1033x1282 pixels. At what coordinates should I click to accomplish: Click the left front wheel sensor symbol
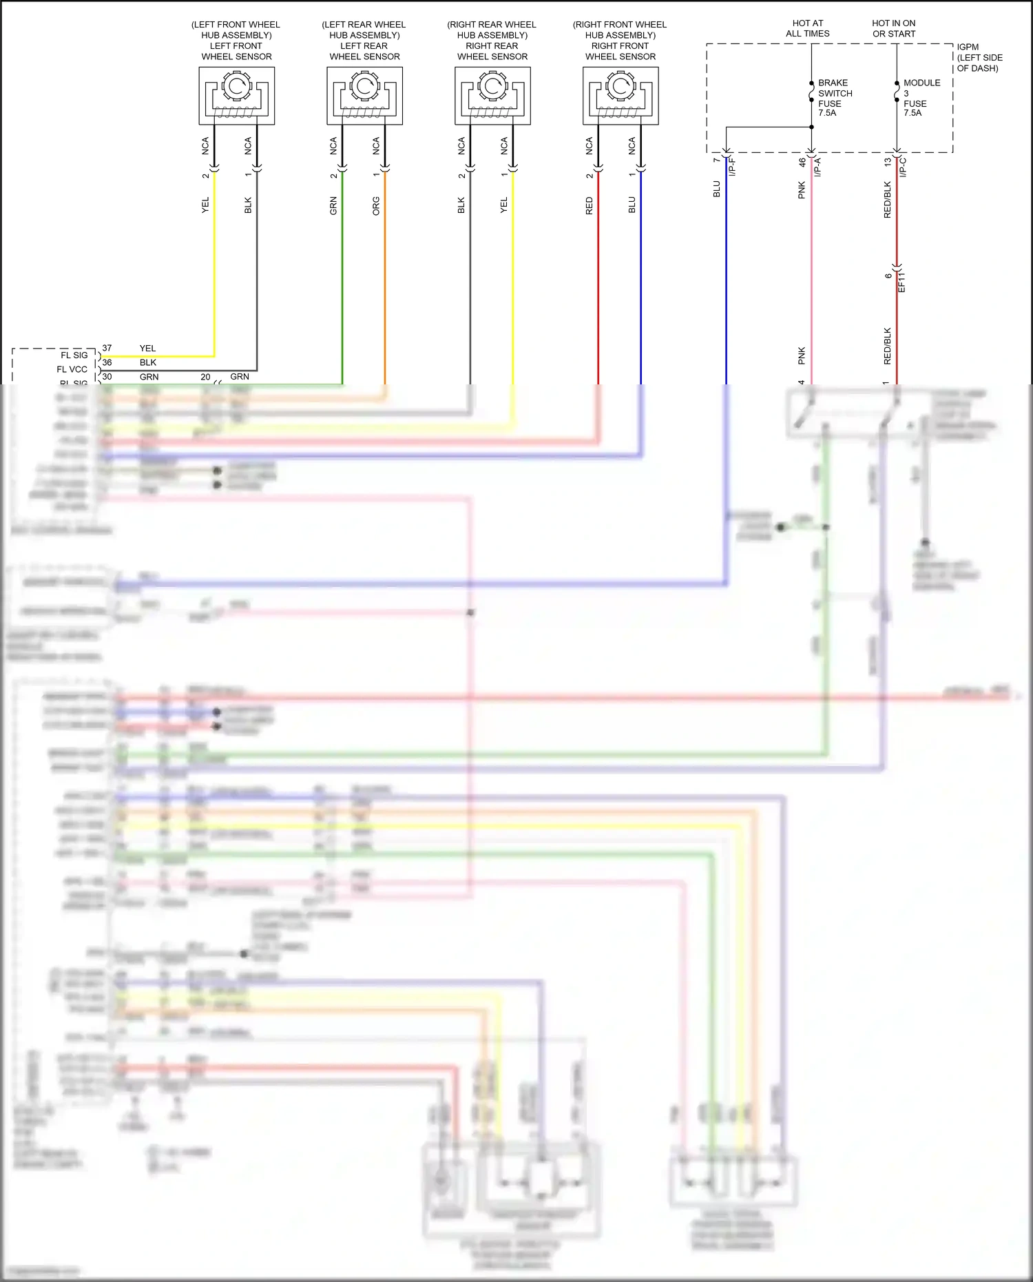[x=237, y=95]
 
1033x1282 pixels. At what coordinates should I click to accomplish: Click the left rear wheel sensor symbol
[x=365, y=95]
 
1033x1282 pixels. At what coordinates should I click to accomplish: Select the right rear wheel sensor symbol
[x=492, y=95]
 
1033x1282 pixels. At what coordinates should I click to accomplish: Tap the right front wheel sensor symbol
[x=620, y=95]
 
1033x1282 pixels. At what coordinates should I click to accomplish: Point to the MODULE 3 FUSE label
[x=921, y=98]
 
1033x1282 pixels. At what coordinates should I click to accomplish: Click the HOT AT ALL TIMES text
[x=808, y=28]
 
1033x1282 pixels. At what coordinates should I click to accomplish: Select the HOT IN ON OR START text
[x=894, y=28]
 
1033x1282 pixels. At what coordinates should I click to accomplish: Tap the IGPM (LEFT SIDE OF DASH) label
[x=979, y=58]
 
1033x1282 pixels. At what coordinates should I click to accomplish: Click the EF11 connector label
[x=901, y=282]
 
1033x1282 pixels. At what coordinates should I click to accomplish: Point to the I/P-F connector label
[x=732, y=167]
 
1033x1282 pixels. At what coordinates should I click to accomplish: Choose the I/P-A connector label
[x=817, y=167]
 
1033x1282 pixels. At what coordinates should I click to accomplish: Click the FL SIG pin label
[x=74, y=355]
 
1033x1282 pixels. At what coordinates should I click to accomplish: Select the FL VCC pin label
[x=72, y=369]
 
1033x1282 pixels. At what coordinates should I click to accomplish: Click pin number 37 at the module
[x=107, y=348]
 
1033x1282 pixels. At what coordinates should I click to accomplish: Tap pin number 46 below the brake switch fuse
[x=802, y=163]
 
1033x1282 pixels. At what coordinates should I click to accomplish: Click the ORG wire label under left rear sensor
[x=376, y=205]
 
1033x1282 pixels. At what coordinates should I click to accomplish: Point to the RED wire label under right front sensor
[x=589, y=205]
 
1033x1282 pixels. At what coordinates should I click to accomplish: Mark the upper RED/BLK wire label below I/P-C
[x=887, y=200]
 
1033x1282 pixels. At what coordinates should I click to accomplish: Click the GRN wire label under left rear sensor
[x=333, y=205]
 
